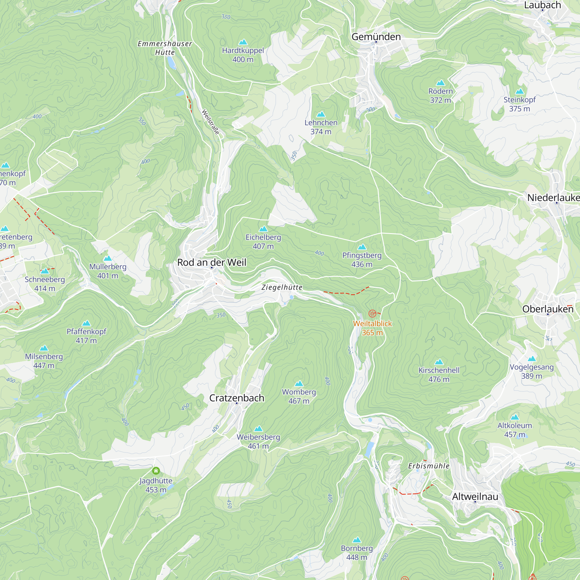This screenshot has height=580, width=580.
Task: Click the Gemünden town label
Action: (376, 37)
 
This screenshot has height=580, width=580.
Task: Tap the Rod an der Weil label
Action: (212, 262)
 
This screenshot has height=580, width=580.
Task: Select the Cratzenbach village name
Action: (237, 398)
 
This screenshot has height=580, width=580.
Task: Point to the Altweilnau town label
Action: (475, 496)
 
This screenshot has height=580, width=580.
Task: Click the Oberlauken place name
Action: (548, 309)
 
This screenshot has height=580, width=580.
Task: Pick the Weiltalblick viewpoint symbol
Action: (372, 314)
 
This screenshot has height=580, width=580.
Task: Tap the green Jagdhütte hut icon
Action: (156, 470)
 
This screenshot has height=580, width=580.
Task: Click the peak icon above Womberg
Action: (299, 383)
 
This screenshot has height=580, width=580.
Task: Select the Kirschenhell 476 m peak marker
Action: (439, 362)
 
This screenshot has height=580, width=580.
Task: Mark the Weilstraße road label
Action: (211, 122)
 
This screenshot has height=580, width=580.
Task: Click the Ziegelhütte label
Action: (282, 287)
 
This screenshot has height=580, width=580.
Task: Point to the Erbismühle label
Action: (429, 466)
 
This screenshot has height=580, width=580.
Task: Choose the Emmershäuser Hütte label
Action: (165, 48)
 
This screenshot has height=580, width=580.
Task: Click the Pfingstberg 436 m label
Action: (362, 260)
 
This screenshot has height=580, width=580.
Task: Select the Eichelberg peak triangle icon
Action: (263, 229)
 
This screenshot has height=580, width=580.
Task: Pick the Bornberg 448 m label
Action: (357, 552)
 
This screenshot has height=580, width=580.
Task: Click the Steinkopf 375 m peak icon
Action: (519, 91)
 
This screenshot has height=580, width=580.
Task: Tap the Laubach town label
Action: (542, 5)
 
